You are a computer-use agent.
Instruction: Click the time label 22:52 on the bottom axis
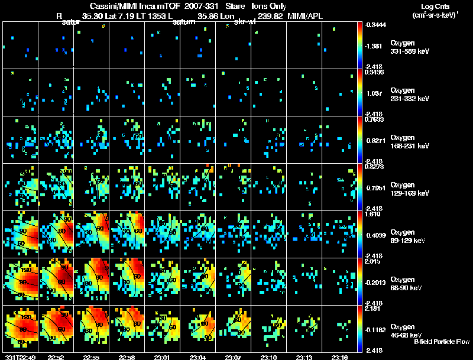click(57, 357)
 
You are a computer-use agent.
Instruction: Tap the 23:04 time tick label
click(198, 357)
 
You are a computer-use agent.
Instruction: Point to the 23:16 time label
click(340, 357)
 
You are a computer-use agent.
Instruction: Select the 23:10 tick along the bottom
click(269, 357)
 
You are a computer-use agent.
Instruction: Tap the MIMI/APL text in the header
click(306, 17)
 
